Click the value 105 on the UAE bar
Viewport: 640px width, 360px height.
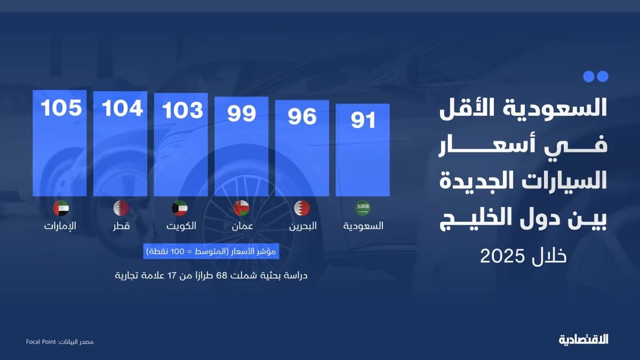61,108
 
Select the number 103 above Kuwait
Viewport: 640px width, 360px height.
183,110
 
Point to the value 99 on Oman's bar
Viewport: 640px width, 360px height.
242,114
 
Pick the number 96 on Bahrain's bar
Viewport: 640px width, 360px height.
302,117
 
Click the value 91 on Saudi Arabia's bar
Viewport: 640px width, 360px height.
363,120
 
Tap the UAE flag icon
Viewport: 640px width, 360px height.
61,208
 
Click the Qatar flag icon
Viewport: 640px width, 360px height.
122,208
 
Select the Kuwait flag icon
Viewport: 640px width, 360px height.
181,208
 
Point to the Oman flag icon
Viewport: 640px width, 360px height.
242,208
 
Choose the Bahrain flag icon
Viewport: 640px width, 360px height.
302,208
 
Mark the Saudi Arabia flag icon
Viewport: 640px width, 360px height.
363,208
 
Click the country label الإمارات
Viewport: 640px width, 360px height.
60,226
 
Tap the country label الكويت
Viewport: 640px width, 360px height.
180,226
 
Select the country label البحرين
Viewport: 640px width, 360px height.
302,226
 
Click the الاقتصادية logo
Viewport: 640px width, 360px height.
583,339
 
